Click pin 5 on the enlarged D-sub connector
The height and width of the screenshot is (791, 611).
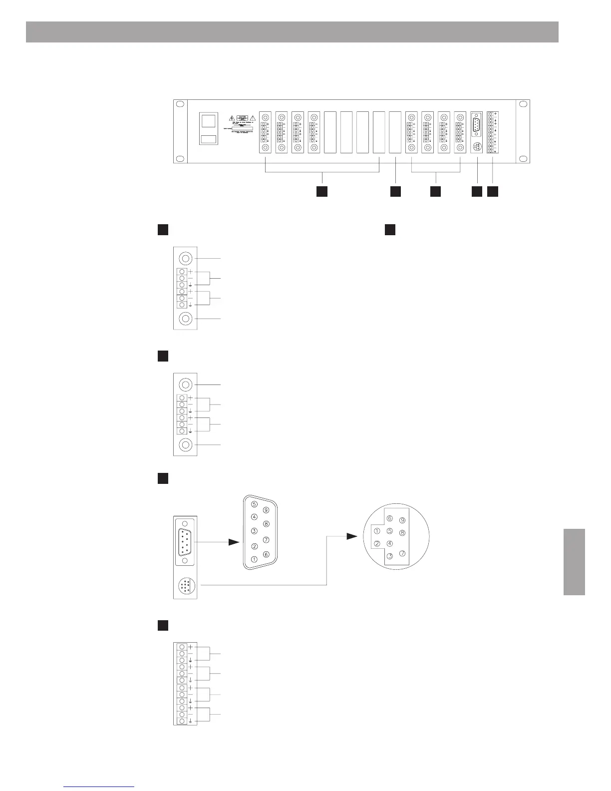point(255,504)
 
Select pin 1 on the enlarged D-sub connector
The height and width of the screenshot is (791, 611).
point(255,559)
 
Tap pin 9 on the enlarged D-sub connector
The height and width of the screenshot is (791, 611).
point(266,510)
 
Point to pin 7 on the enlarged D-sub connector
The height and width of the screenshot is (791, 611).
point(266,539)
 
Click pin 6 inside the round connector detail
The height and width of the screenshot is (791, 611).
point(390,518)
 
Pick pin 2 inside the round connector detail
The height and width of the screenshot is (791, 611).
point(377,544)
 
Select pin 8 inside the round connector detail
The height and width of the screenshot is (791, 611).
point(402,533)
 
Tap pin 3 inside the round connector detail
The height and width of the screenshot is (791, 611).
point(390,556)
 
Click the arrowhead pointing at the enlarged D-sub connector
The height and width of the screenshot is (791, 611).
point(234,542)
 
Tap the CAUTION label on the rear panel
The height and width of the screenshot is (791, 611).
point(243,117)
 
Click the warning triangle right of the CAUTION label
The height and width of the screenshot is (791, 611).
point(253,118)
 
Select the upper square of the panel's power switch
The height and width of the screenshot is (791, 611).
point(209,120)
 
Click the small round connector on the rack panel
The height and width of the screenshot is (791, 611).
point(477,147)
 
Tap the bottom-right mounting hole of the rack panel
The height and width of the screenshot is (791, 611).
point(522,159)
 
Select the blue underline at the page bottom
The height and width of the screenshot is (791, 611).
point(99,787)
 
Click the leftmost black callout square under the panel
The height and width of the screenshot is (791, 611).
point(322,191)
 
